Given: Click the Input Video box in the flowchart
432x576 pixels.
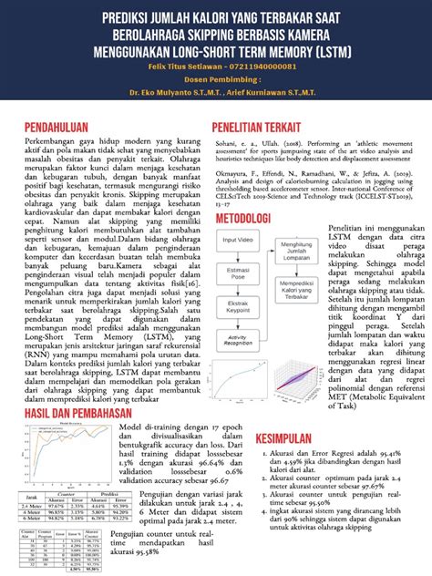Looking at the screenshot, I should (x=238, y=239).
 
